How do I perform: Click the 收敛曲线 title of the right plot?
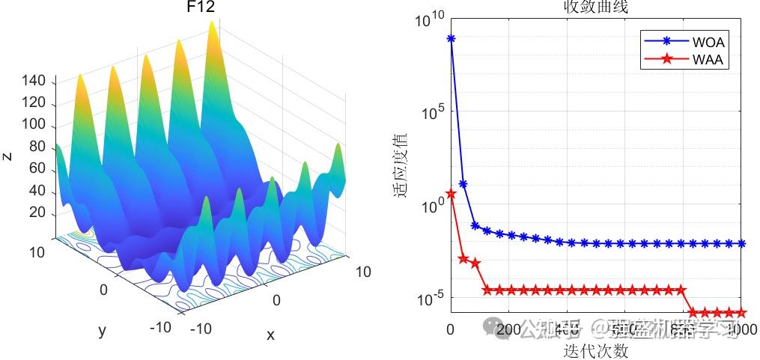[595, 7]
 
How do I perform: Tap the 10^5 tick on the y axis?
[432, 112]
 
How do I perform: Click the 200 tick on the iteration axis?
[508, 329]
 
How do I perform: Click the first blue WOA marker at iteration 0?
[451, 38]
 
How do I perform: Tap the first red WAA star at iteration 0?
[451, 194]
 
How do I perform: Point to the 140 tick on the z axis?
[36, 81]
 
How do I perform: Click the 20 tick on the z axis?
[39, 214]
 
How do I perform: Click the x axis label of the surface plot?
[270, 335]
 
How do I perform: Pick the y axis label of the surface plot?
[102, 330]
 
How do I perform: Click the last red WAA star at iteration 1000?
[742, 312]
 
